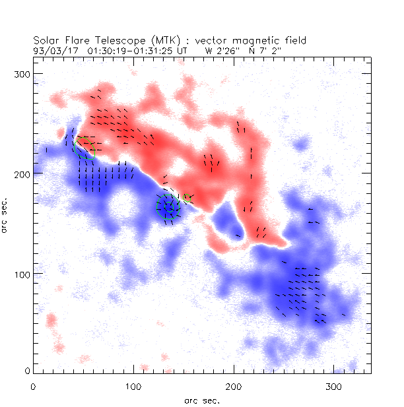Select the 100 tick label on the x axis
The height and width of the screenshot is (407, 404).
[133, 385]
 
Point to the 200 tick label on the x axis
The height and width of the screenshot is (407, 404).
[234, 385]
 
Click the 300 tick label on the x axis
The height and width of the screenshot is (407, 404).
[334, 385]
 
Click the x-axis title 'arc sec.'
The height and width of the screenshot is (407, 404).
[202, 400]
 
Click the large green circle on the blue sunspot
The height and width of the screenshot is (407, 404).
[168, 207]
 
